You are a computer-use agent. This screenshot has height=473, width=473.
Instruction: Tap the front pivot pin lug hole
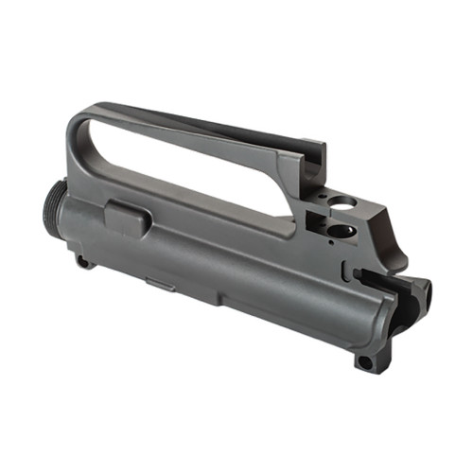(83, 262)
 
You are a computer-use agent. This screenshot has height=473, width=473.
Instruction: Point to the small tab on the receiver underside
(159, 283)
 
